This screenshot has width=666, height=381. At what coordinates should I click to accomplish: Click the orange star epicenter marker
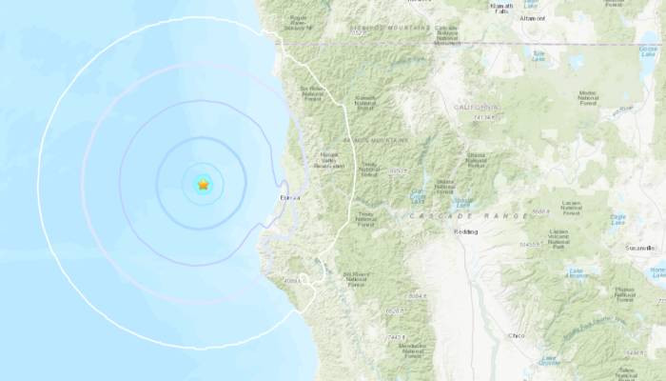pos(203,183)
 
